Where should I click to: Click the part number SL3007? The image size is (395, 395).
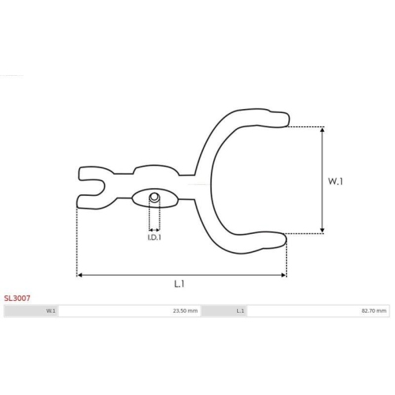click(17, 298)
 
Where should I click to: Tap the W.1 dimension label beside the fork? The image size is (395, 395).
click(335, 181)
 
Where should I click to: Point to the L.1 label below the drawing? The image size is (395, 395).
click(179, 284)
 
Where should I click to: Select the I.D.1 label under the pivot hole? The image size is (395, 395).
click(154, 237)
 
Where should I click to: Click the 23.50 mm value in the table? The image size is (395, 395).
click(185, 310)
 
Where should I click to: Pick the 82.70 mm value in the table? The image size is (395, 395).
click(374, 310)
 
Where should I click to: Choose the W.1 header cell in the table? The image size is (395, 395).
click(31, 310)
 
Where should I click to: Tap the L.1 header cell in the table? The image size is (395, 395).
click(224, 310)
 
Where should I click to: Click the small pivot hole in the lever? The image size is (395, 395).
click(154, 197)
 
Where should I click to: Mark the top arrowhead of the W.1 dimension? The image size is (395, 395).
click(322, 130)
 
